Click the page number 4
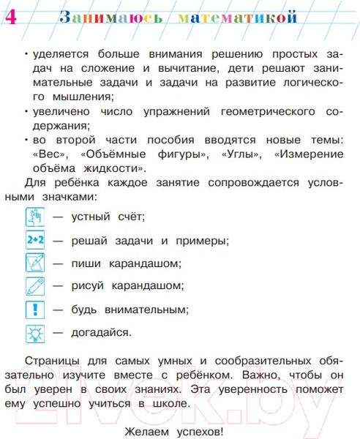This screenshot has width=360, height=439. (x=10, y=15)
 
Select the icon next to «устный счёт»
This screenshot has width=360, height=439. (x=35, y=217)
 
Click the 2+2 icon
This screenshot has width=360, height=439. (x=35, y=239)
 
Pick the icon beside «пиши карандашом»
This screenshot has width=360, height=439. (x=35, y=263)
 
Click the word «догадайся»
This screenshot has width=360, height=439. (x=102, y=332)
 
